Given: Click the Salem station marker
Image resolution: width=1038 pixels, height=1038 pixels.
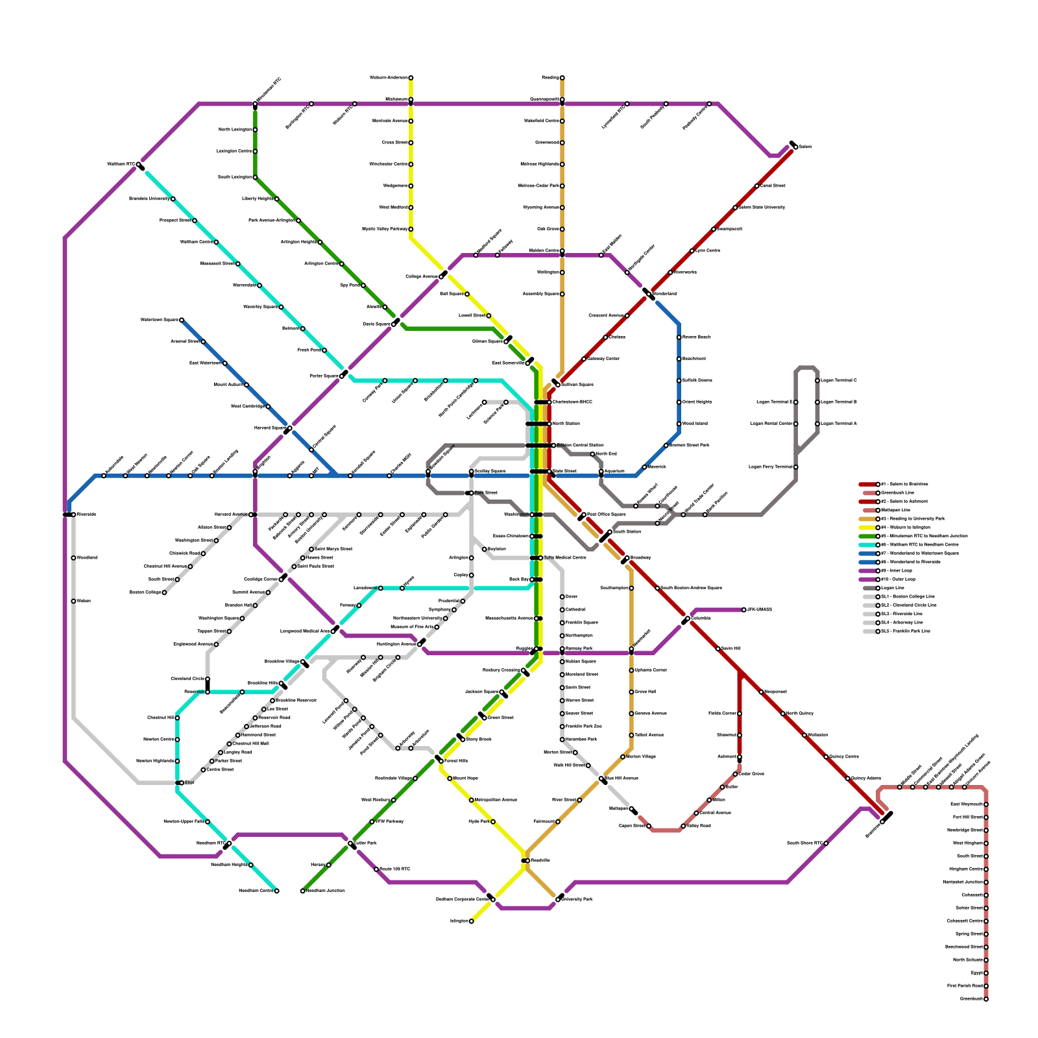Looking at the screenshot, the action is [x=795, y=147].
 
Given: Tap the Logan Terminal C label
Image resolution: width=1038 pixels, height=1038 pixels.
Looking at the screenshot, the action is [x=839, y=381].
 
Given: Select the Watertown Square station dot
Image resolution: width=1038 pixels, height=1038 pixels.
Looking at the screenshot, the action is [x=182, y=320].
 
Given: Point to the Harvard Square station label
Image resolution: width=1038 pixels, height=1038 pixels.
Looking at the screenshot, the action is [x=269, y=428].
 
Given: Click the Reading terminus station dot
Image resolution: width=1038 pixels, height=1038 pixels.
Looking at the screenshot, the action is [x=562, y=78].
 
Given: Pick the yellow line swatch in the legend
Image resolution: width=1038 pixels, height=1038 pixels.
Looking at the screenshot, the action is [x=868, y=527].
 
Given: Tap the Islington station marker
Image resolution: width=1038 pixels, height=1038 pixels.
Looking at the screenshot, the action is [x=472, y=921].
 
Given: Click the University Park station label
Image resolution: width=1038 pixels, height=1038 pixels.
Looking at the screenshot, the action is [x=577, y=900].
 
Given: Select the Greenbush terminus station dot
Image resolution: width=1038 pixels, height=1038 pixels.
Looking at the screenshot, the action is [x=986, y=999].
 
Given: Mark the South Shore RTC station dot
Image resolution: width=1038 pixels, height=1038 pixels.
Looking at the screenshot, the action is [x=826, y=843].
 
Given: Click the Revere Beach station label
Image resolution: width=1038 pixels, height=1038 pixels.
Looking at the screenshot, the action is [x=696, y=337].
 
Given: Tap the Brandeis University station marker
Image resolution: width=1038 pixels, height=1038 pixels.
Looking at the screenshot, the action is [x=173, y=199].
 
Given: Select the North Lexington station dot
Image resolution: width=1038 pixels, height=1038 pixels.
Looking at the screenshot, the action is [x=255, y=130].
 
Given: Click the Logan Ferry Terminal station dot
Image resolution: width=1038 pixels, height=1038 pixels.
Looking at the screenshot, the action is [x=796, y=467].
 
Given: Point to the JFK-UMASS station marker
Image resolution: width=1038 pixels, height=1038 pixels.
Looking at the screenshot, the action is [x=744, y=610].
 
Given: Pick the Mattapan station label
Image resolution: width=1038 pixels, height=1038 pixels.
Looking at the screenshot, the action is [x=619, y=809].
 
